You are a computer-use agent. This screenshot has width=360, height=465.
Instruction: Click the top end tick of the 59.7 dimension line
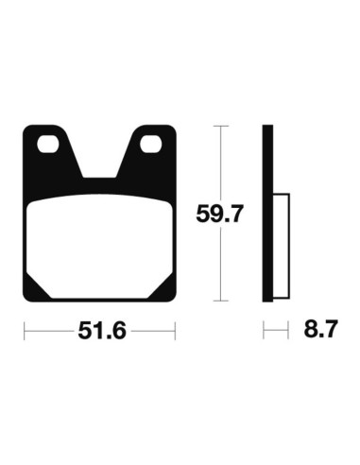[218, 127]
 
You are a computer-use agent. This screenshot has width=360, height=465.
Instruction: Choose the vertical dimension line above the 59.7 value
[218, 161]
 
